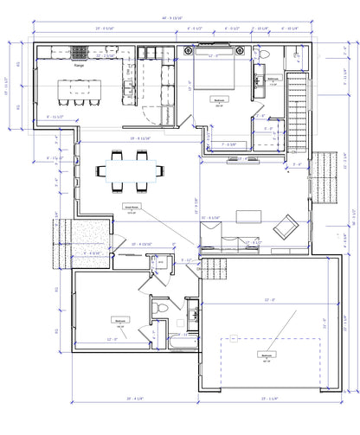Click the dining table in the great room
(129, 171)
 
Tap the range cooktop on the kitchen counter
(80, 51)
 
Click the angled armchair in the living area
(282, 229)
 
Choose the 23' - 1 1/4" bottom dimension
(264, 400)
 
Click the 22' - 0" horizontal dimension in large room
(261, 300)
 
